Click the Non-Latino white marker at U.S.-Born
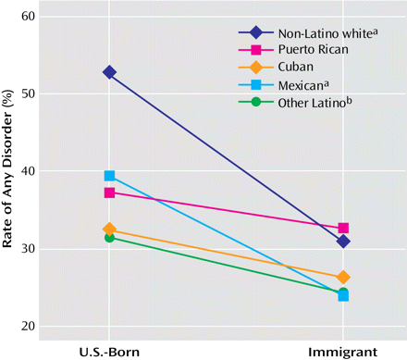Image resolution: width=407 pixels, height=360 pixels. click(109, 72)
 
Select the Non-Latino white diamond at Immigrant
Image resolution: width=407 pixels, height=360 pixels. click(343, 242)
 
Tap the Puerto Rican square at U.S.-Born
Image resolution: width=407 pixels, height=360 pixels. click(109, 192)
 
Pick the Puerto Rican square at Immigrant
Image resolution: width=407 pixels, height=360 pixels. click(343, 228)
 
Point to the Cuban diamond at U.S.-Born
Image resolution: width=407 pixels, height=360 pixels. click(109, 230)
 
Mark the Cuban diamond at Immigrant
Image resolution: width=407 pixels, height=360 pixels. click(343, 277)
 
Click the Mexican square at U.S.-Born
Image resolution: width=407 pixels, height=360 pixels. click(109, 176)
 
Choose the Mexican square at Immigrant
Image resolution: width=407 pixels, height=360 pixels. click(343, 295)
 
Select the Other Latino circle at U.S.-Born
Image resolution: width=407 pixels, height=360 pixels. click(109, 238)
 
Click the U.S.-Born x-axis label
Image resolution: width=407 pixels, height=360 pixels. click(109, 351)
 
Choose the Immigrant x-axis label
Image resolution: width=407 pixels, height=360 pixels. click(343, 351)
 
